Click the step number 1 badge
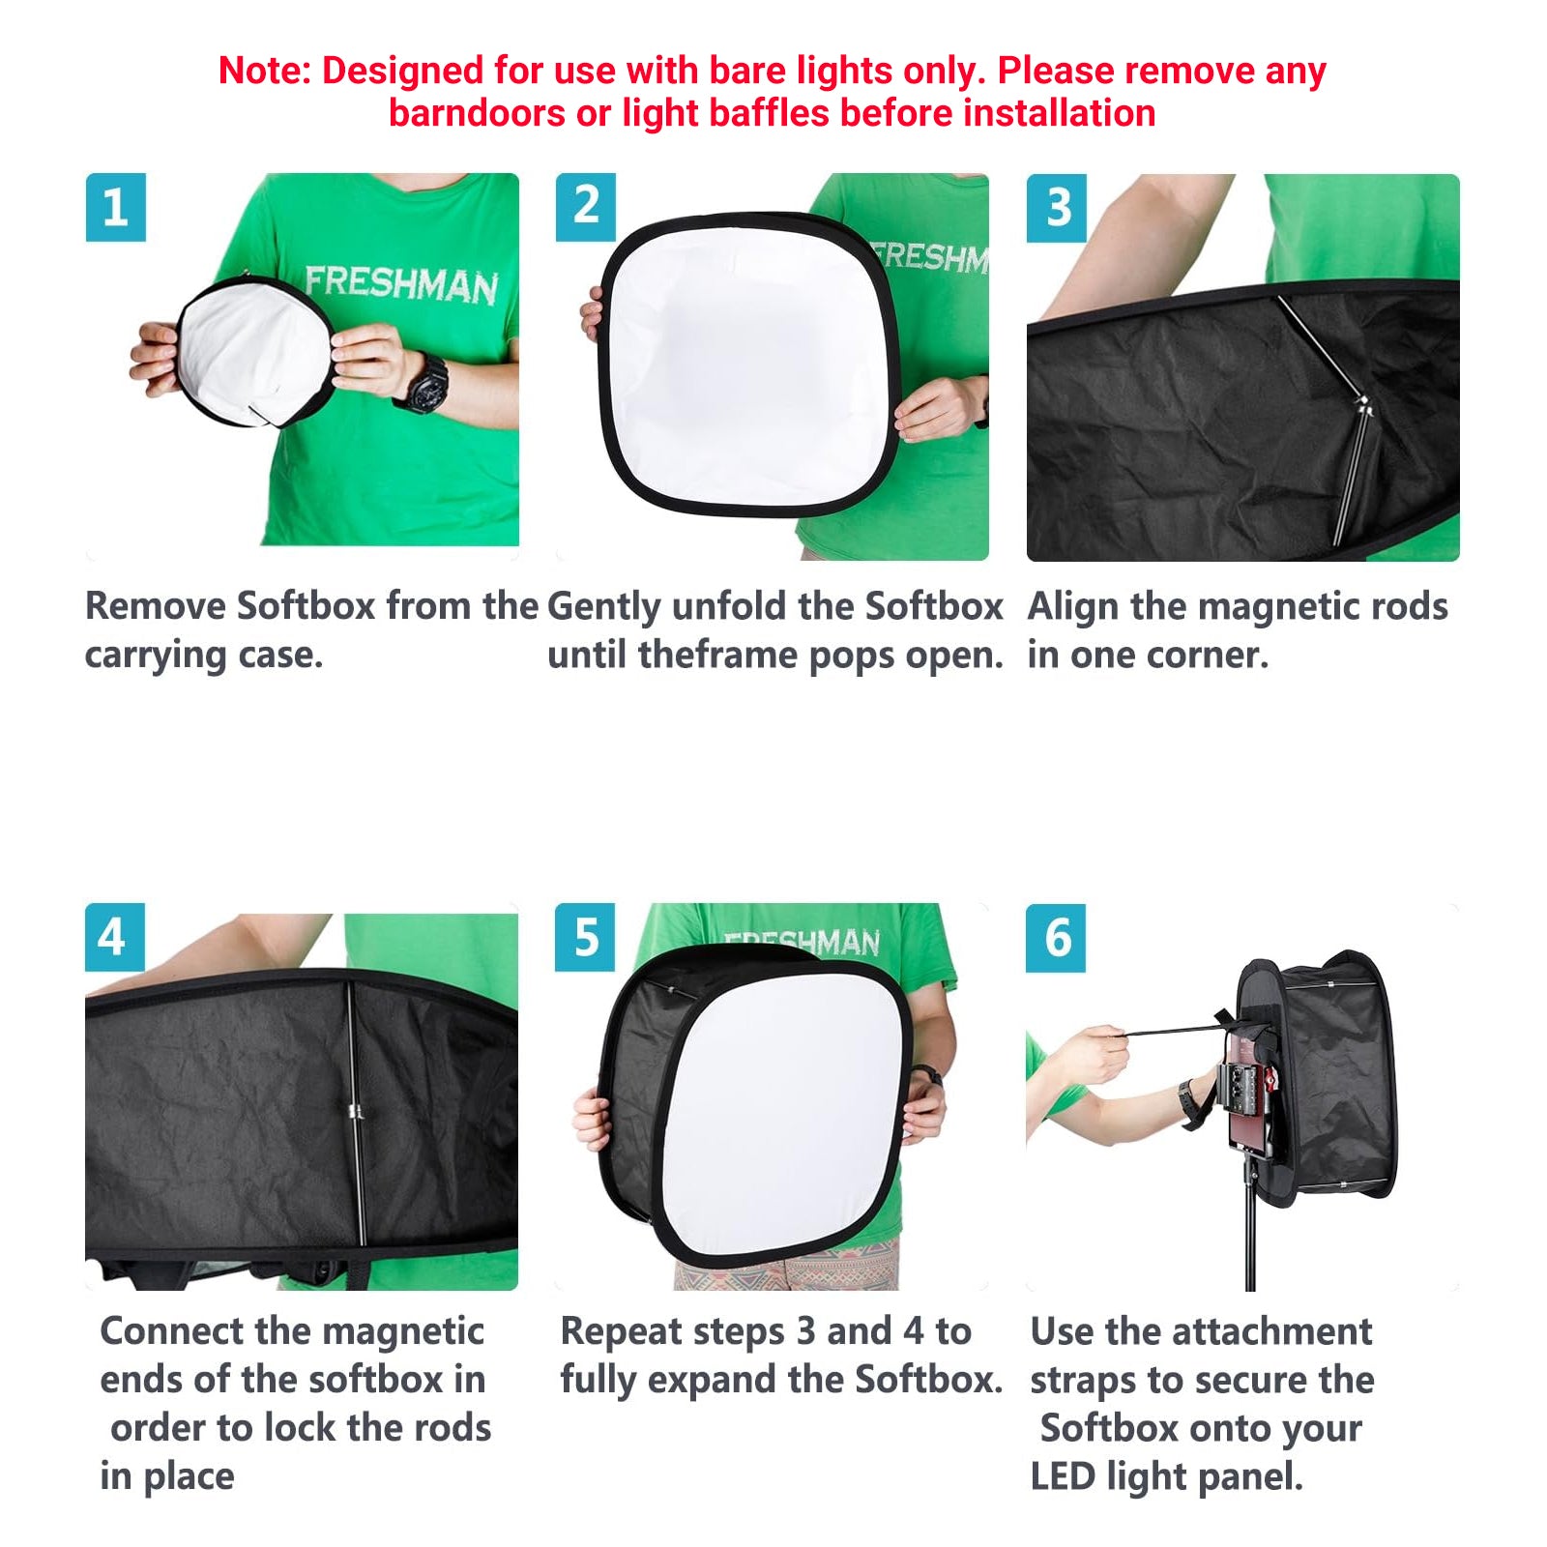pyautogui.click(x=115, y=207)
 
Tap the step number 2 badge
pyautogui.click(x=585, y=207)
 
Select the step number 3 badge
pyautogui.click(x=1057, y=207)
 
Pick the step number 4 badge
pyautogui.click(x=114, y=937)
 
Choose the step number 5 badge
pyautogui.click(x=585, y=937)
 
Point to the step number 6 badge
pyautogui.click(x=1056, y=937)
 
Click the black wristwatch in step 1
pyautogui.click(x=422, y=384)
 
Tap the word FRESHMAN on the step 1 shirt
pyautogui.click(x=401, y=284)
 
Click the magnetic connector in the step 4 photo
pyautogui.click(x=355, y=1111)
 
